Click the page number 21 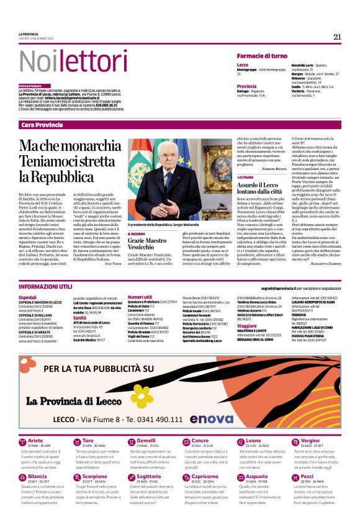coord(337,37)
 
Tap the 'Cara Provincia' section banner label coord(42,125)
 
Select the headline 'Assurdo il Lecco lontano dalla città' coord(259,188)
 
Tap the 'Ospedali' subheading coord(27,297)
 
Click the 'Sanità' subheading coord(80,317)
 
